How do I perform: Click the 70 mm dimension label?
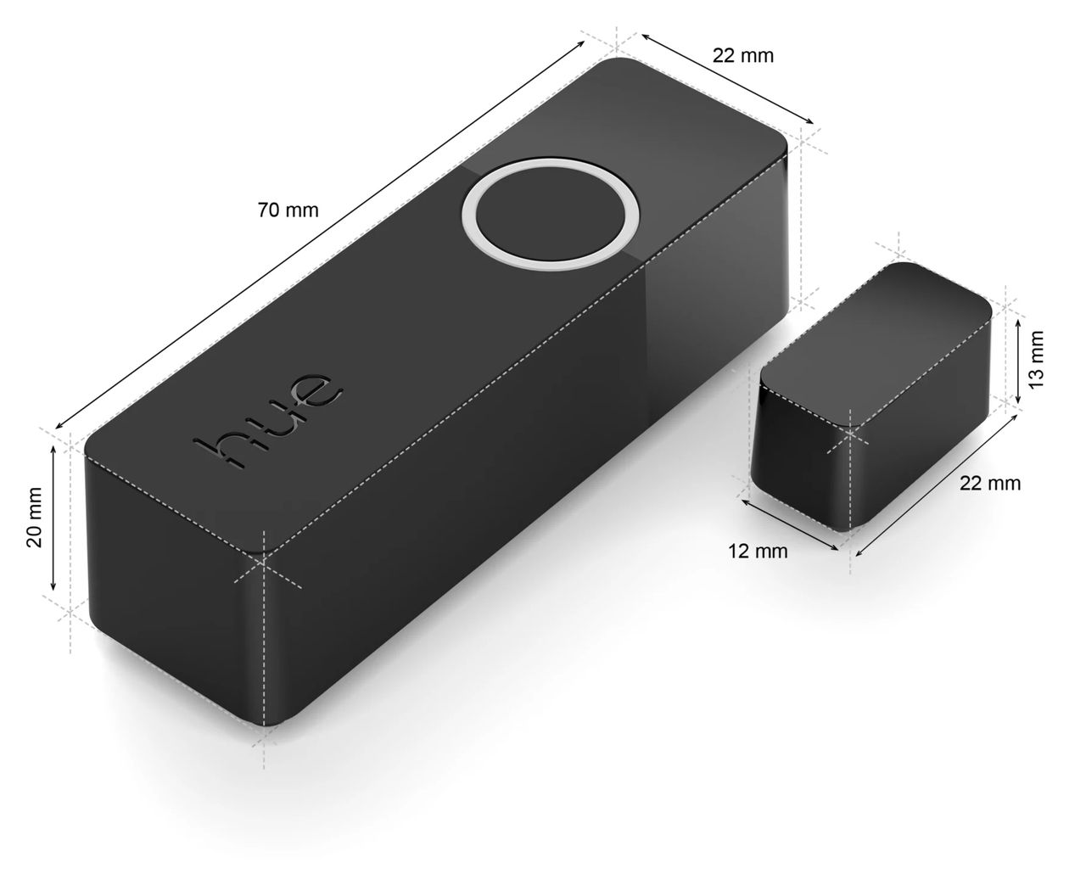pos(288,210)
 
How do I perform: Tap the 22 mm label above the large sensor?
pos(742,56)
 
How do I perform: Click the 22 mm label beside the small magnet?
pos(989,484)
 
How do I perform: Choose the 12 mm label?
pos(758,552)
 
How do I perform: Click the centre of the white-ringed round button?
pos(551,213)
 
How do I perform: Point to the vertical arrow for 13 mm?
pos(1017,357)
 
